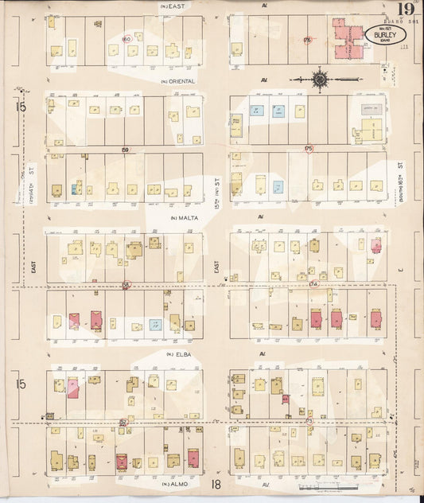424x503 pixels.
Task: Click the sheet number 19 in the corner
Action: pos(406,9)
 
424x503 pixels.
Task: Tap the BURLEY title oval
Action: pos(384,34)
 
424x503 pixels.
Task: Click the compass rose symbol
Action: pos(320,79)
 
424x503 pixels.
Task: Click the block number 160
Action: pos(125,38)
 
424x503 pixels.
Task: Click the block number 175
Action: pos(307,148)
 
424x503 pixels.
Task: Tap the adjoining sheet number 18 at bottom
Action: pos(216,484)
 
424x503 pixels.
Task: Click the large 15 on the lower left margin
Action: pos(21,384)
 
